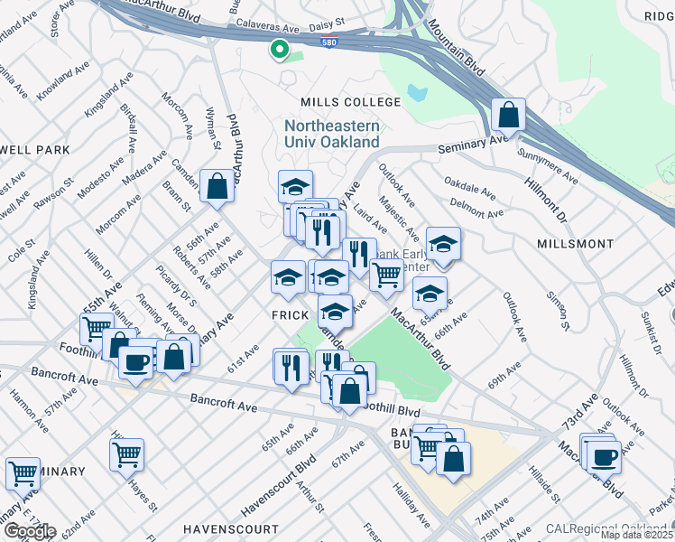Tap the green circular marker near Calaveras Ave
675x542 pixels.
coord(280,50)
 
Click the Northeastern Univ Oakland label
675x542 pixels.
coord(332,135)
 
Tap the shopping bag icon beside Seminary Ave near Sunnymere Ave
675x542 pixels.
coord(509,115)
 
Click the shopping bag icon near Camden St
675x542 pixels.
coord(217,186)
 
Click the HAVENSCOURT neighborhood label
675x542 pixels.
coord(230,528)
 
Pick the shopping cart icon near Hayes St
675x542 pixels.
coord(126,453)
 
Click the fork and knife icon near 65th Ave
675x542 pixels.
coord(291,366)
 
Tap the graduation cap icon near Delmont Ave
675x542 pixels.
coord(443,243)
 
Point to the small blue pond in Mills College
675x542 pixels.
coord(416,92)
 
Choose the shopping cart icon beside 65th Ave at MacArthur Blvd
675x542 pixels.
coord(386,274)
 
